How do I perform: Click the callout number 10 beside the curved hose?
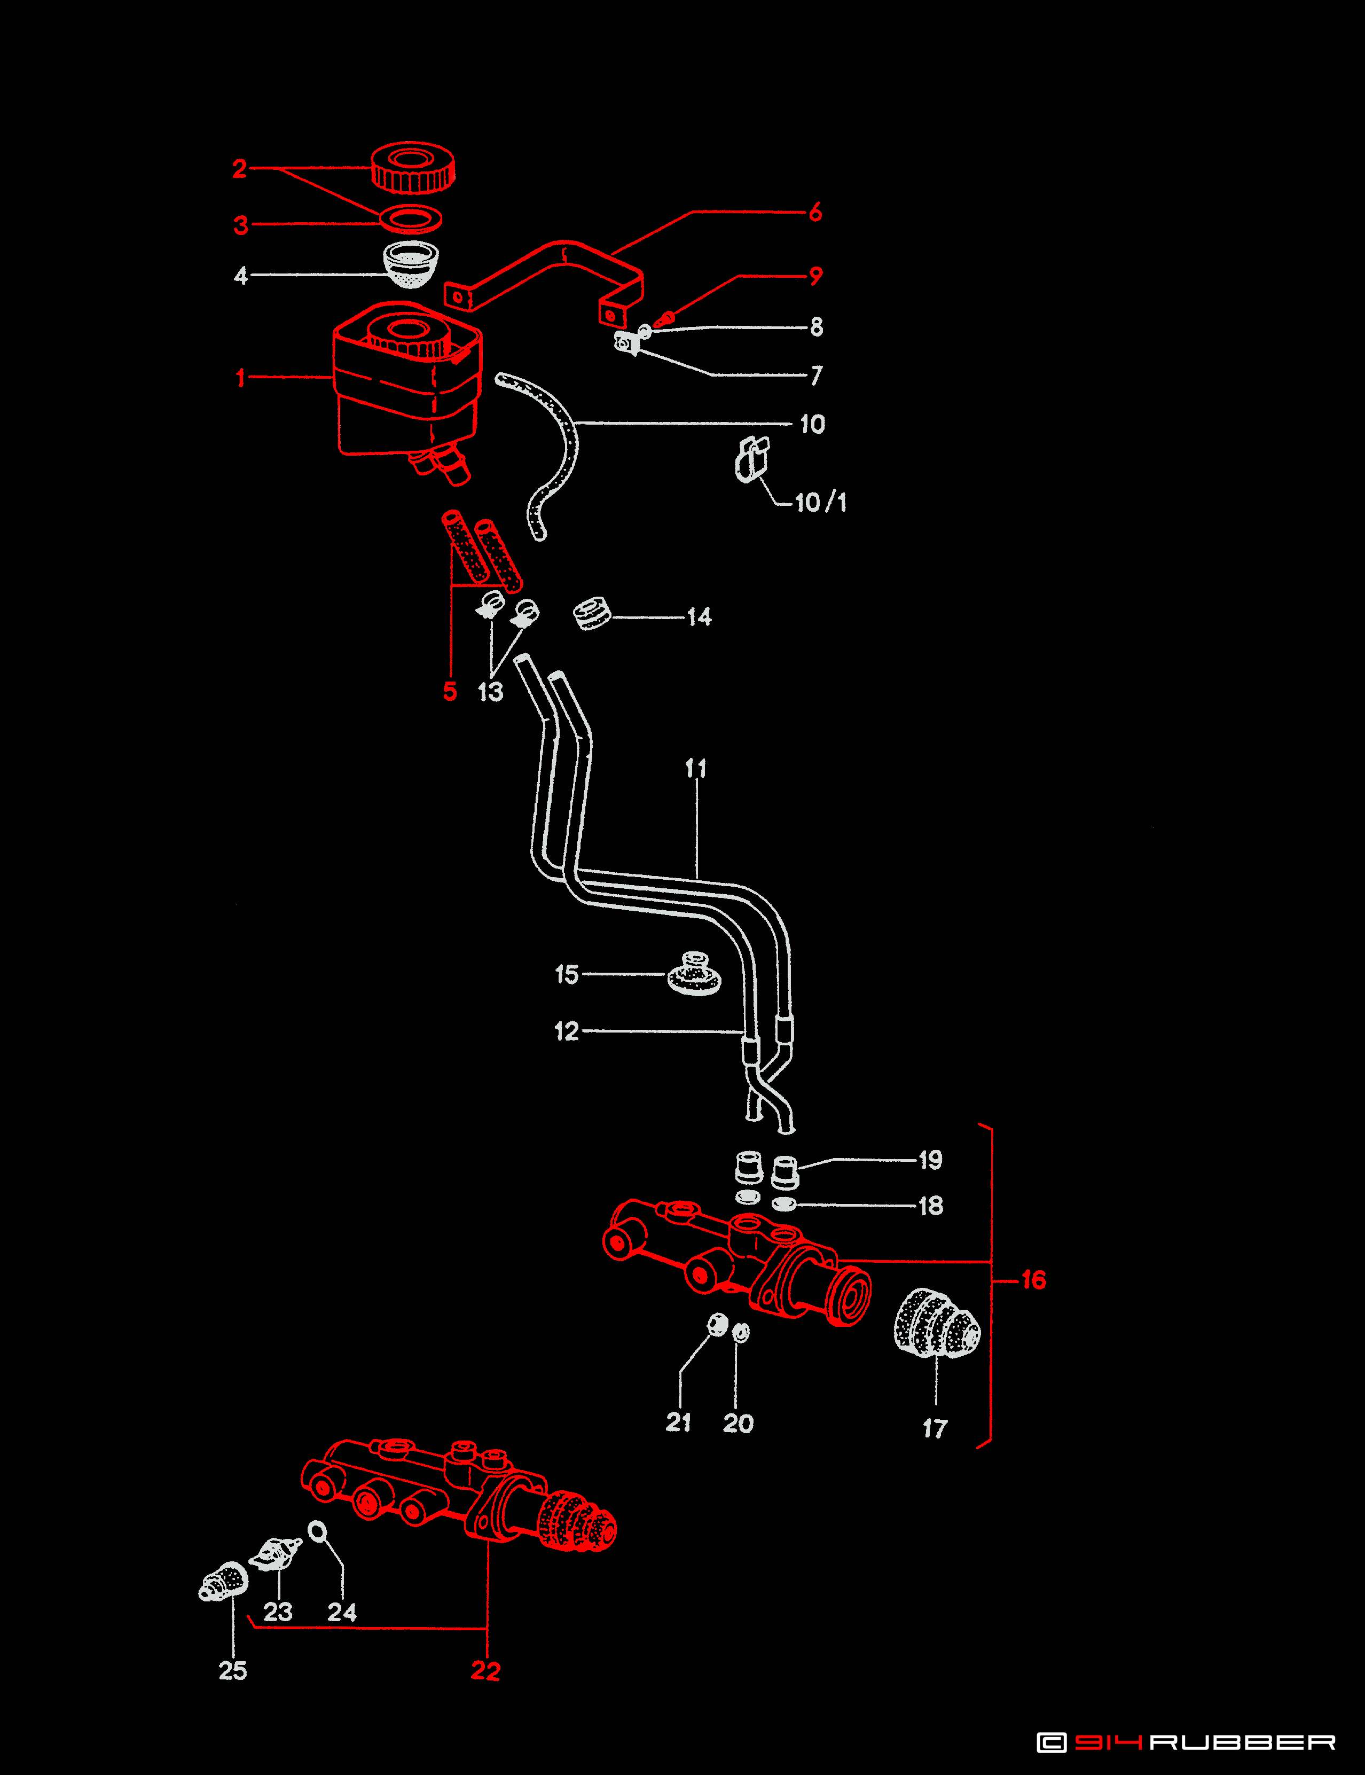[x=812, y=424]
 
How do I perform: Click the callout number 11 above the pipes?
[x=695, y=768]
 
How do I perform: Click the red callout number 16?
[x=1033, y=1280]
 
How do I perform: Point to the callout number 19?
[x=930, y=1160]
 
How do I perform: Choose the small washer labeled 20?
[x=740, y=1332]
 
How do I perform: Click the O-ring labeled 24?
[x=318, y=1531]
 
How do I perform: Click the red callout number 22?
[x=485, y=1670]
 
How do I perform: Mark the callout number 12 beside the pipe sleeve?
[x=566, y=1031]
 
